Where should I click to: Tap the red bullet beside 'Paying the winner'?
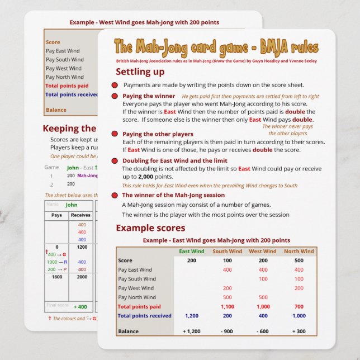coord(115,96)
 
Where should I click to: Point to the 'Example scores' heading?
coord(150,228)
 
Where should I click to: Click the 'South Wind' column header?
coord(228,252)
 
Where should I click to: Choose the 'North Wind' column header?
coord(299,252)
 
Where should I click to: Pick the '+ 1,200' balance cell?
coord(191,331)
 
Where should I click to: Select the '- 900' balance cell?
coord(228,331)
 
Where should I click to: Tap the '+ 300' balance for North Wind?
coord(299,331)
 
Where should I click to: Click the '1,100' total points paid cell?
coord(228,306)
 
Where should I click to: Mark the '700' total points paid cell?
coord(299,306)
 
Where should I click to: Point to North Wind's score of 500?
coord(299,260)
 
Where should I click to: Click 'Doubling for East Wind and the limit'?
coord(174,160)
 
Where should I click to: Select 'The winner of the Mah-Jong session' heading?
coord(173,195)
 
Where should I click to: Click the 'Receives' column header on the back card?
coord(81,215)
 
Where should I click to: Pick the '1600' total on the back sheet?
coord(56,277)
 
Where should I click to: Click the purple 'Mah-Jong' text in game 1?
coord(87,176)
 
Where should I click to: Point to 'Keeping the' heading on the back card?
coord(69,129)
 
